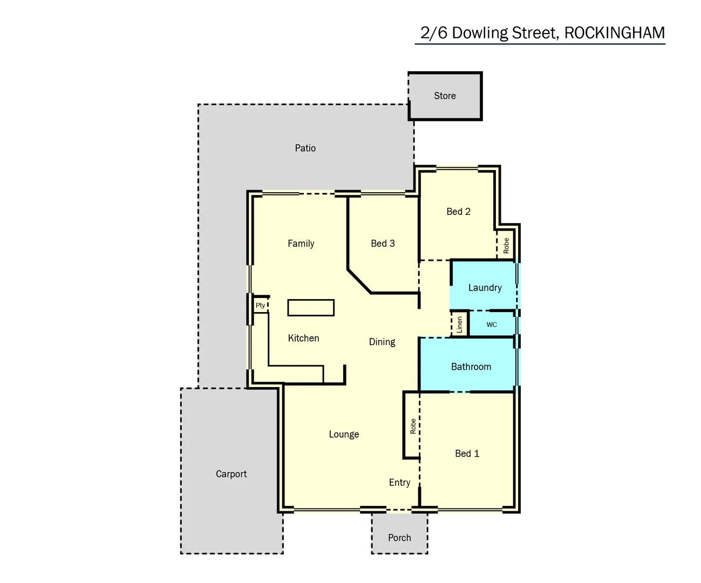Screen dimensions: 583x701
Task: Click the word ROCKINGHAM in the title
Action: coord(614,33)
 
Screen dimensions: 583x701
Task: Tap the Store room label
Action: coord(445,96)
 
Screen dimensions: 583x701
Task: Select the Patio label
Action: coord(305,148)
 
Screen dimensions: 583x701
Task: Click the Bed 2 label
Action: coord(458,212)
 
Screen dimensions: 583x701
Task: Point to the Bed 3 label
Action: coord(383,243)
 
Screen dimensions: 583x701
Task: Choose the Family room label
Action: coord(301,243)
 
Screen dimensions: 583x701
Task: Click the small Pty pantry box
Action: coord(261,306)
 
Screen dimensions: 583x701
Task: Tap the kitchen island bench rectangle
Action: coord(311,308)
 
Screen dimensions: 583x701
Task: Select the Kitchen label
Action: coord(303,338)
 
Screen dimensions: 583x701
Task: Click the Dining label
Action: coord(382,342)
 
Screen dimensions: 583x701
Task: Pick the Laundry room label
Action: coord(485,288)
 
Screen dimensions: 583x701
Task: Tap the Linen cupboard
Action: coord(459,324)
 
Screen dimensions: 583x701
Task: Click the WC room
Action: coord(492,324)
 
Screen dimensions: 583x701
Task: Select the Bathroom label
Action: coord(471,367)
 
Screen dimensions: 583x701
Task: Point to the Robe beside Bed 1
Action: coord(412,426)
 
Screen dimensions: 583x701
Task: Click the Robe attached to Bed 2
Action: coord(506,246)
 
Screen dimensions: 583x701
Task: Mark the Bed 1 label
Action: coord(467,453)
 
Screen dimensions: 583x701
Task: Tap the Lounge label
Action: coord(344,435)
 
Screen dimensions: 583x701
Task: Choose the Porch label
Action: coord(399,538)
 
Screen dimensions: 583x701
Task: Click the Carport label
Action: coord(231,474)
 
